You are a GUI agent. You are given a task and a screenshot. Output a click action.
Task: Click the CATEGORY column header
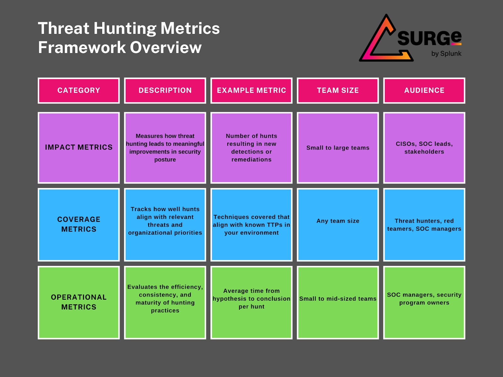click(x=79, y=90)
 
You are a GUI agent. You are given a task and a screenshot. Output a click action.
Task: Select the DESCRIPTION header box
click(x=165, y=90)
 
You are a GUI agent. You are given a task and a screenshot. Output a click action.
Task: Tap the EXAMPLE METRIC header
click(x=251, y=90)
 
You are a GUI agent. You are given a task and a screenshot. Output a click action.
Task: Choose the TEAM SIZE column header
click(x=338, y=90)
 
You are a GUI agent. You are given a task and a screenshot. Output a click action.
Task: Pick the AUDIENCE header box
click(x=424, y=90)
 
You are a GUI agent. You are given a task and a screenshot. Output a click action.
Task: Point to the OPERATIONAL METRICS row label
click(x=79, y=302)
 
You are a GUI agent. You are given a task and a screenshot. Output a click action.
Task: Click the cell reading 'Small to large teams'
click(x=338, y=148)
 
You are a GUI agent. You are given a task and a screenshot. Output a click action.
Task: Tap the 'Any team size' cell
click(x=338, y=225)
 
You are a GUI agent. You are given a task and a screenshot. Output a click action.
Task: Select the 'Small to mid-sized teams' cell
click(x=338, y=302)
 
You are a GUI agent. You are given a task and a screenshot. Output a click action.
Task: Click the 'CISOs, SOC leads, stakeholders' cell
click(x=424, y=148)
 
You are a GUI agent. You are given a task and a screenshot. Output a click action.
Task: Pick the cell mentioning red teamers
click(x=424, y=225)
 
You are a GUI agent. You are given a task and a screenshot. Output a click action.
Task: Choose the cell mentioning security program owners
click(x=424, y=302)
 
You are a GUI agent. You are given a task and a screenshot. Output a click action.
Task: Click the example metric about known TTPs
click(x=251, y=225)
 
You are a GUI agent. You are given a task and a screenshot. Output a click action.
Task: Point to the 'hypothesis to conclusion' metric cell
click(x=251, y=302)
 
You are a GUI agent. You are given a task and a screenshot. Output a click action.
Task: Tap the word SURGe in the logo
click(x=429, y=38)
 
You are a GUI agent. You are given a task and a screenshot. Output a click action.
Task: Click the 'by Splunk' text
click(x=446, y=53)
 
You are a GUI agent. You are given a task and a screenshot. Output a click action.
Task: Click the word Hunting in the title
click(x=125, y=28)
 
